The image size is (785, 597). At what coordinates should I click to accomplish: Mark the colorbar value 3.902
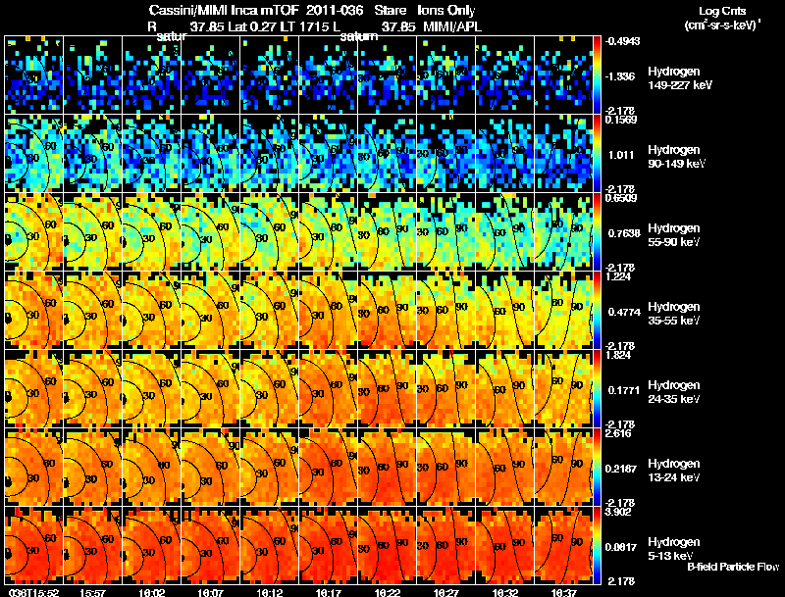click(620, 511)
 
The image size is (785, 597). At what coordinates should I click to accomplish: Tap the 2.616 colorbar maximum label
click(620, 432)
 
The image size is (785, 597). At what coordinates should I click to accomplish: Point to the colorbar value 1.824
click(620, 354)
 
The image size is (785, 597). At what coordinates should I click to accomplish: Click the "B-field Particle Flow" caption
click(733, 567)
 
